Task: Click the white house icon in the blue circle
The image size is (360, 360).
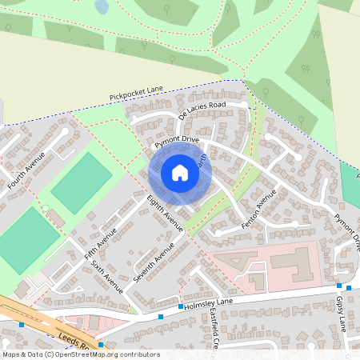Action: [179, 173]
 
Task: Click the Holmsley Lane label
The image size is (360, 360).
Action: [210, 302]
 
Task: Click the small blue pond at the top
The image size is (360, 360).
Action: [102, 6]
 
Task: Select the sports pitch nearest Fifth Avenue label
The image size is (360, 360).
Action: [82, 182]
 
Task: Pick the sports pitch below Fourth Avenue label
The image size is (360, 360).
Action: [28, 239]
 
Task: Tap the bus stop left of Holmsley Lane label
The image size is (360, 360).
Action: [161, 317]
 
